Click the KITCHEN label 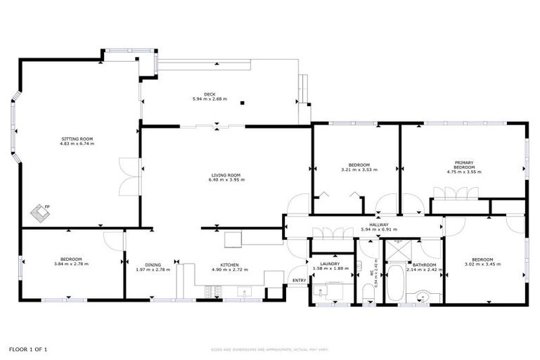coord(230,265)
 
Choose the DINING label coord(153,265)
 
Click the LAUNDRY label coord(329,264)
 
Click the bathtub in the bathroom coord(396,283)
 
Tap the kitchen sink coord(244,290)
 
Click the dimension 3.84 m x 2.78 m coord(72,264)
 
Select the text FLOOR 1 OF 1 coord(28,349)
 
